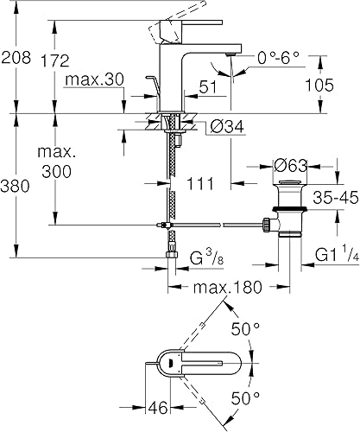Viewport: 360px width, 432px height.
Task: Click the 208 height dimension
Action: (x=16, y=59)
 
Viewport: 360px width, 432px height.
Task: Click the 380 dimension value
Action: (x=16, y=186)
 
